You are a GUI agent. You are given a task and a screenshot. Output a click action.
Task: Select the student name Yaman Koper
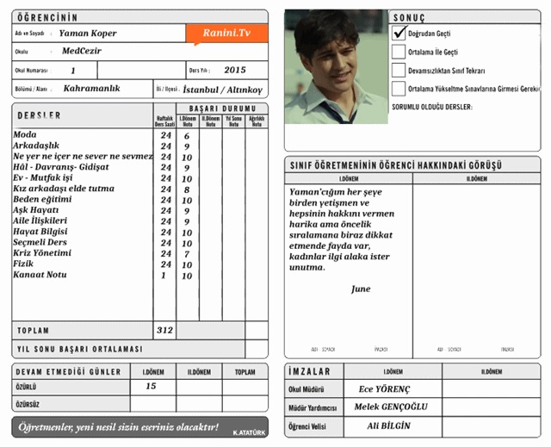click(88, 33)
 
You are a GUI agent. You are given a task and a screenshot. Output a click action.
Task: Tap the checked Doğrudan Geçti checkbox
click(399, 33)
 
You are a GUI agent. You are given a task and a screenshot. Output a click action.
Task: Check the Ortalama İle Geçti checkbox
click(399, 52)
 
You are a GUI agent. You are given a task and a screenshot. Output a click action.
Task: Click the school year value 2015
click(234, 70)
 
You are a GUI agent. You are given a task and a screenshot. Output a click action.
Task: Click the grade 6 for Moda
click(187, 136)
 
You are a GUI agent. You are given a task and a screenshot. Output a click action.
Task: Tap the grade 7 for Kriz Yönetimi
click(187, 254)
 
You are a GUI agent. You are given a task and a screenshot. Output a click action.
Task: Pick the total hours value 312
click(164, 330)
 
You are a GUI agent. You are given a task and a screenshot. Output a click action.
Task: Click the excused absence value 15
click(151, 387)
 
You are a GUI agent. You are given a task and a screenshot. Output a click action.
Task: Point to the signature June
click(361, 289)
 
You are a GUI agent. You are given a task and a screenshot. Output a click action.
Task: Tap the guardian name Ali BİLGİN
click(388, 426)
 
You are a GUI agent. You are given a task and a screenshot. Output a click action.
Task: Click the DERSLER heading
click(39, 115)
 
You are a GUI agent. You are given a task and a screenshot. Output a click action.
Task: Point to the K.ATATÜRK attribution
click(248, 431)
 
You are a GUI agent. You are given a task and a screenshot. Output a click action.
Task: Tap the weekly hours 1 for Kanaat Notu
click(164, 276)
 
